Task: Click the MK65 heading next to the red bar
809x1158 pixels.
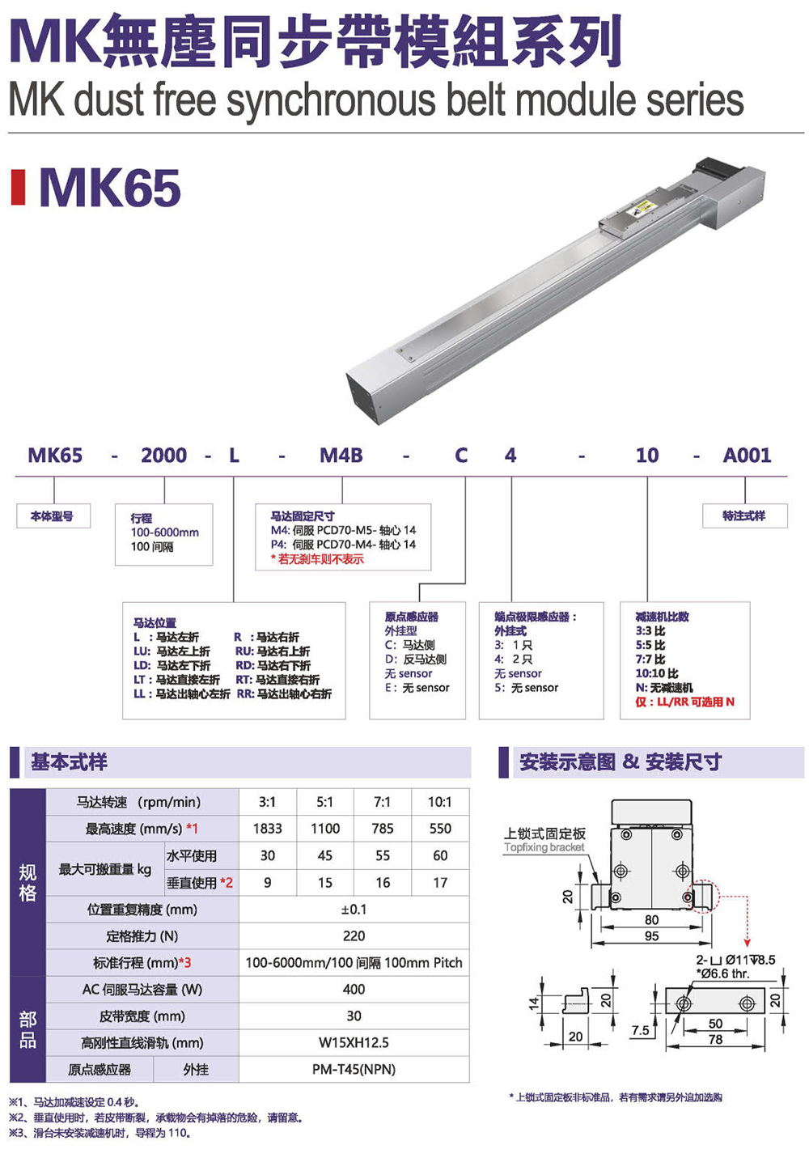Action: (x=110, y=188)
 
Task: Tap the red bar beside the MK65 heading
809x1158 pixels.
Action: (x=18, y=187)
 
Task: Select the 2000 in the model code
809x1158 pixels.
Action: (x=164, y=455)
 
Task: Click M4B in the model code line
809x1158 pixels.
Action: (x=341, y=455)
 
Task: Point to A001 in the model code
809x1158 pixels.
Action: (x=747, y=455)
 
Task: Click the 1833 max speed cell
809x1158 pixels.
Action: (x=267, y=828)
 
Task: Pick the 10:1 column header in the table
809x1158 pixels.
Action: (x=440, y=802)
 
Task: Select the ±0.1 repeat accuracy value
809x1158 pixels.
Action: (x=354, y=909)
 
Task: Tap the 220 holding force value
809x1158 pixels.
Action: (x=354, y=935)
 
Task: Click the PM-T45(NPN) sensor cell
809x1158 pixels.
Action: (x=354, y=1069)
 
